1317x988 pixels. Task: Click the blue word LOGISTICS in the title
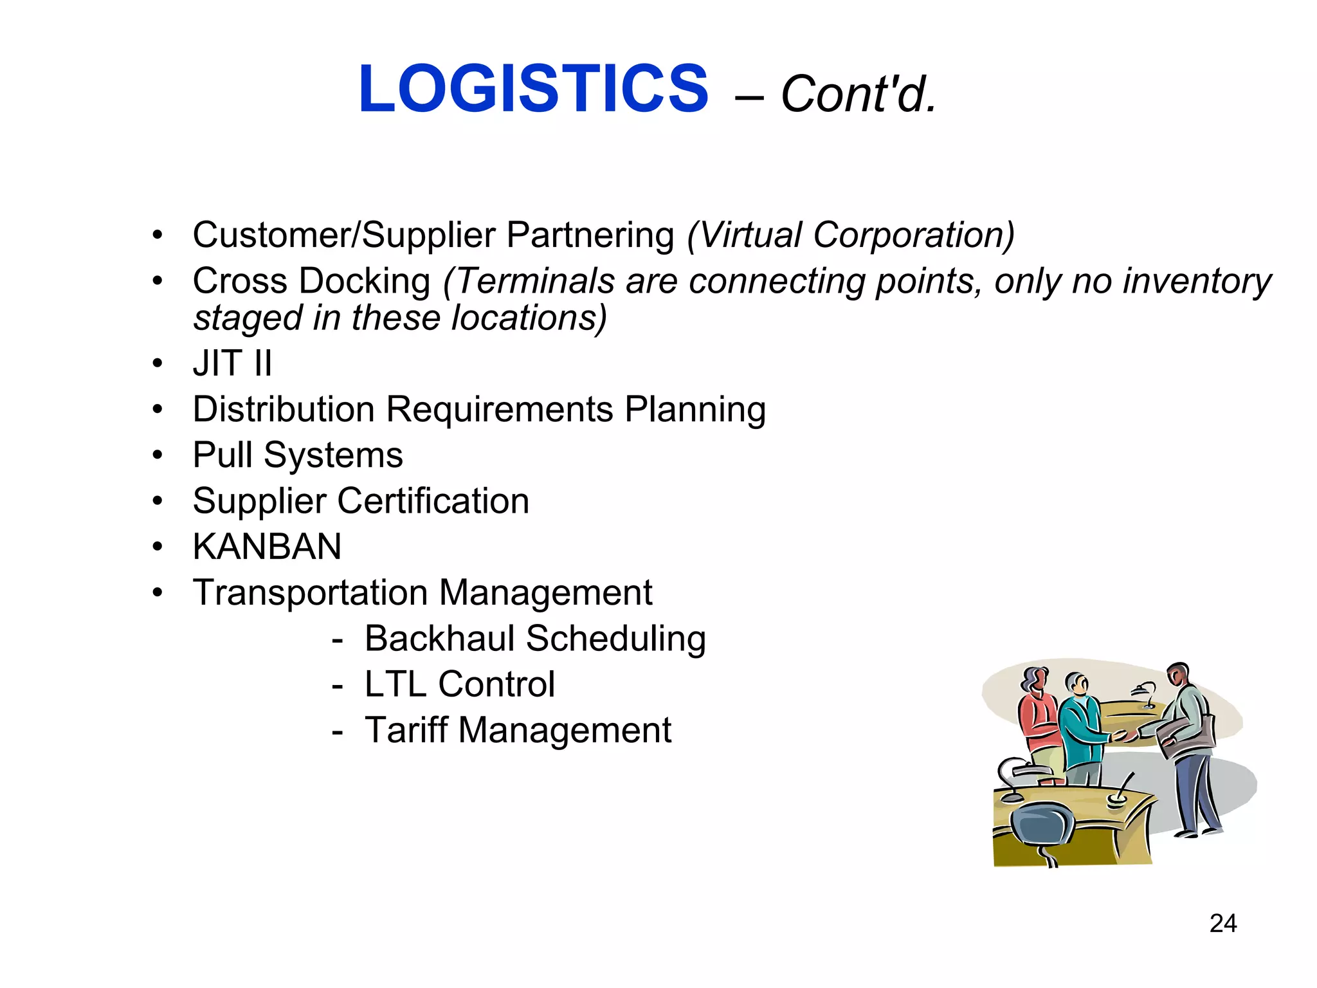[533, 89]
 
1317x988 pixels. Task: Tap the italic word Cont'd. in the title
[858, 95]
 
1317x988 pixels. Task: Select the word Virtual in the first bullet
[749, 235]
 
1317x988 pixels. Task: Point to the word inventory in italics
[1197, 281]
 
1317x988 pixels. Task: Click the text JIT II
[232, 363]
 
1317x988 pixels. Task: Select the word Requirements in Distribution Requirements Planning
[499, 409]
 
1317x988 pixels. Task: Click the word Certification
[433, 501]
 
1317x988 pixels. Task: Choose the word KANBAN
[267, 547]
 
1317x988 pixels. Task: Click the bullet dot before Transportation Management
[158, 592]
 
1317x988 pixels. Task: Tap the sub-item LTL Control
[459, 684]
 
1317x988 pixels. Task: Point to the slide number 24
[1222, 924]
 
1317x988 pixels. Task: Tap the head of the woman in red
[1034, 681]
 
